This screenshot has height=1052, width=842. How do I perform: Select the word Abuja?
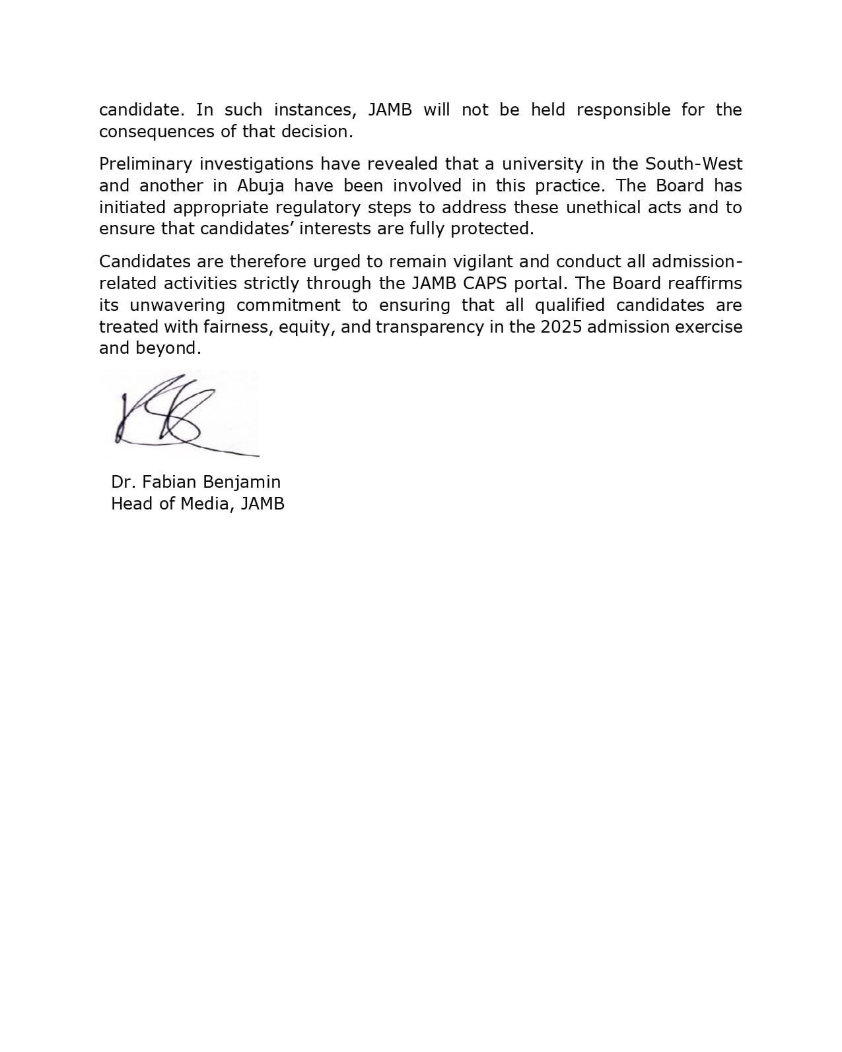[261, 185]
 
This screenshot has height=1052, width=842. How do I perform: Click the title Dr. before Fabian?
[123, 482]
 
